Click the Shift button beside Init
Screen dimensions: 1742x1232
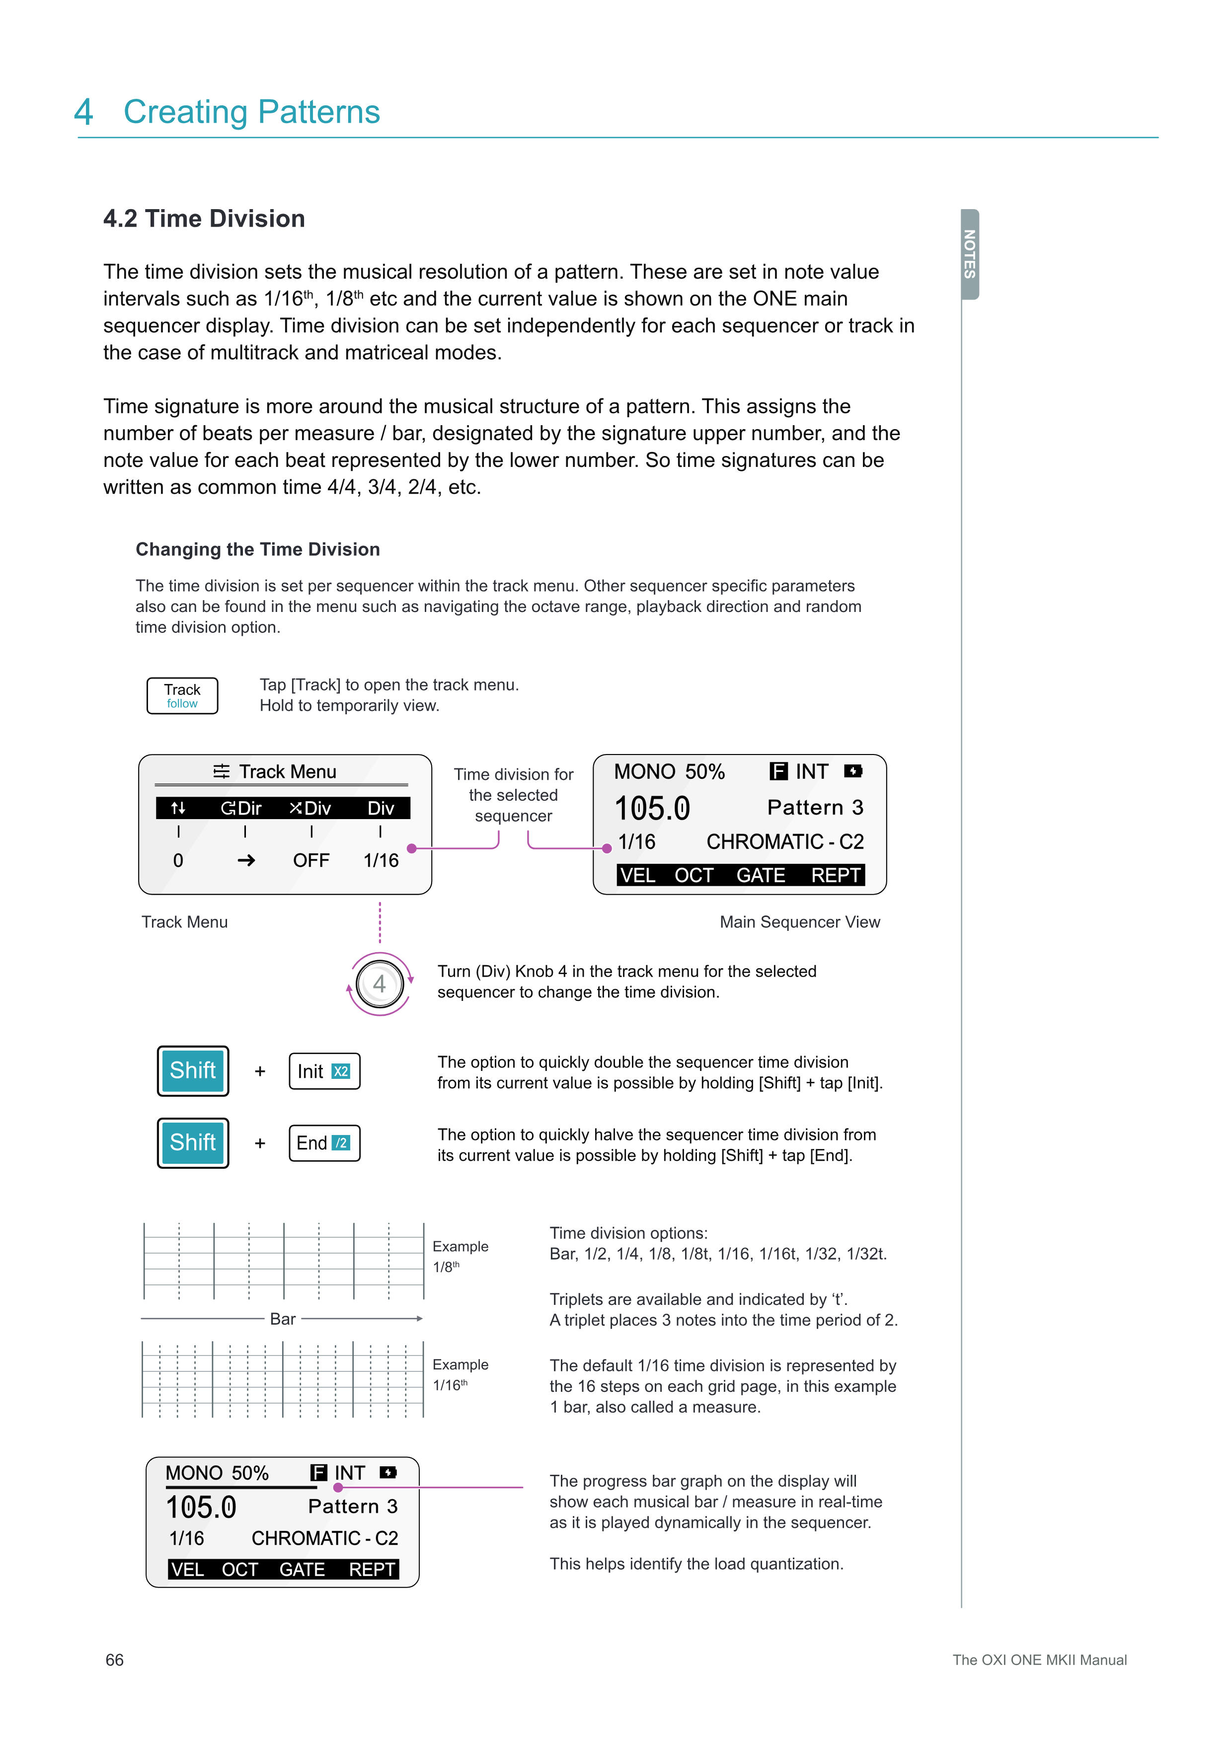(x=193, y=1070)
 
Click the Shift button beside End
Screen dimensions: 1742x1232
(x=193, y=1142)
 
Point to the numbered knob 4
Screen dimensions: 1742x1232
(x=380, y=984)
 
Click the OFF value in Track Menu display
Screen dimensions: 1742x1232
(x=311, y=860)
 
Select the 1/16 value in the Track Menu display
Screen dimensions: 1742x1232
(x=381, y=860)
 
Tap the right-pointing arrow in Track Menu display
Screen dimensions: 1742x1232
(x=246, y=860)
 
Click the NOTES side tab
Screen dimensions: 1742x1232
(x=970, y=254)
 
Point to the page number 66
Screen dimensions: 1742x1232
(x=115, y=1660)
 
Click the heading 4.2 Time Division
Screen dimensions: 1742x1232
(x=204, y=219)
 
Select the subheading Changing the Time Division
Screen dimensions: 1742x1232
(x=258, y=549)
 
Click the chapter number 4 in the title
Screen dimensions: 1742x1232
(x=83, y=112)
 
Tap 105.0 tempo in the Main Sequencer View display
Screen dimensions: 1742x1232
(x=652, y=808)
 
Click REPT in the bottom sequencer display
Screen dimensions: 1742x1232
(x=372, y=1569)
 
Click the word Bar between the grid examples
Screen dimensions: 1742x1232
(x=283, y=1319)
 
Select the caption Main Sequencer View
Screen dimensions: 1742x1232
(x=800, y=922)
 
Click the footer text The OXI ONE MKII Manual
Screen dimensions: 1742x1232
(x=1039, y=1660)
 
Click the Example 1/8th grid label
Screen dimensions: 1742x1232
(x=460, y=1256)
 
